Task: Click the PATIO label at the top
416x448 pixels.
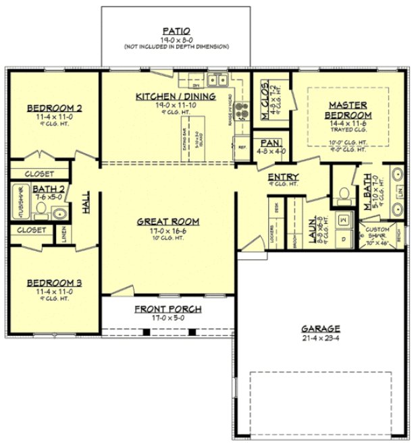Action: [x=176, y=30]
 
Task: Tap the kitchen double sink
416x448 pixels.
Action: [x=217, y=81]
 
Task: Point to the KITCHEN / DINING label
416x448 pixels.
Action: [x=176, y=96]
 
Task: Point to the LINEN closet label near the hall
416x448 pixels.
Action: [x=65, y=233]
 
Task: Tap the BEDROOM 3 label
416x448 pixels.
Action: [x=54, y=283]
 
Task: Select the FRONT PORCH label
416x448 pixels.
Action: [x=167, y=309]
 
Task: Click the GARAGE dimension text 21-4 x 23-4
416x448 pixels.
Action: [x=321, y=338]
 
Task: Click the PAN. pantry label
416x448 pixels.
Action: [x=274, y=144]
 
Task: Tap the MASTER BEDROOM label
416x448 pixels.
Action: [x=348, y=110]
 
